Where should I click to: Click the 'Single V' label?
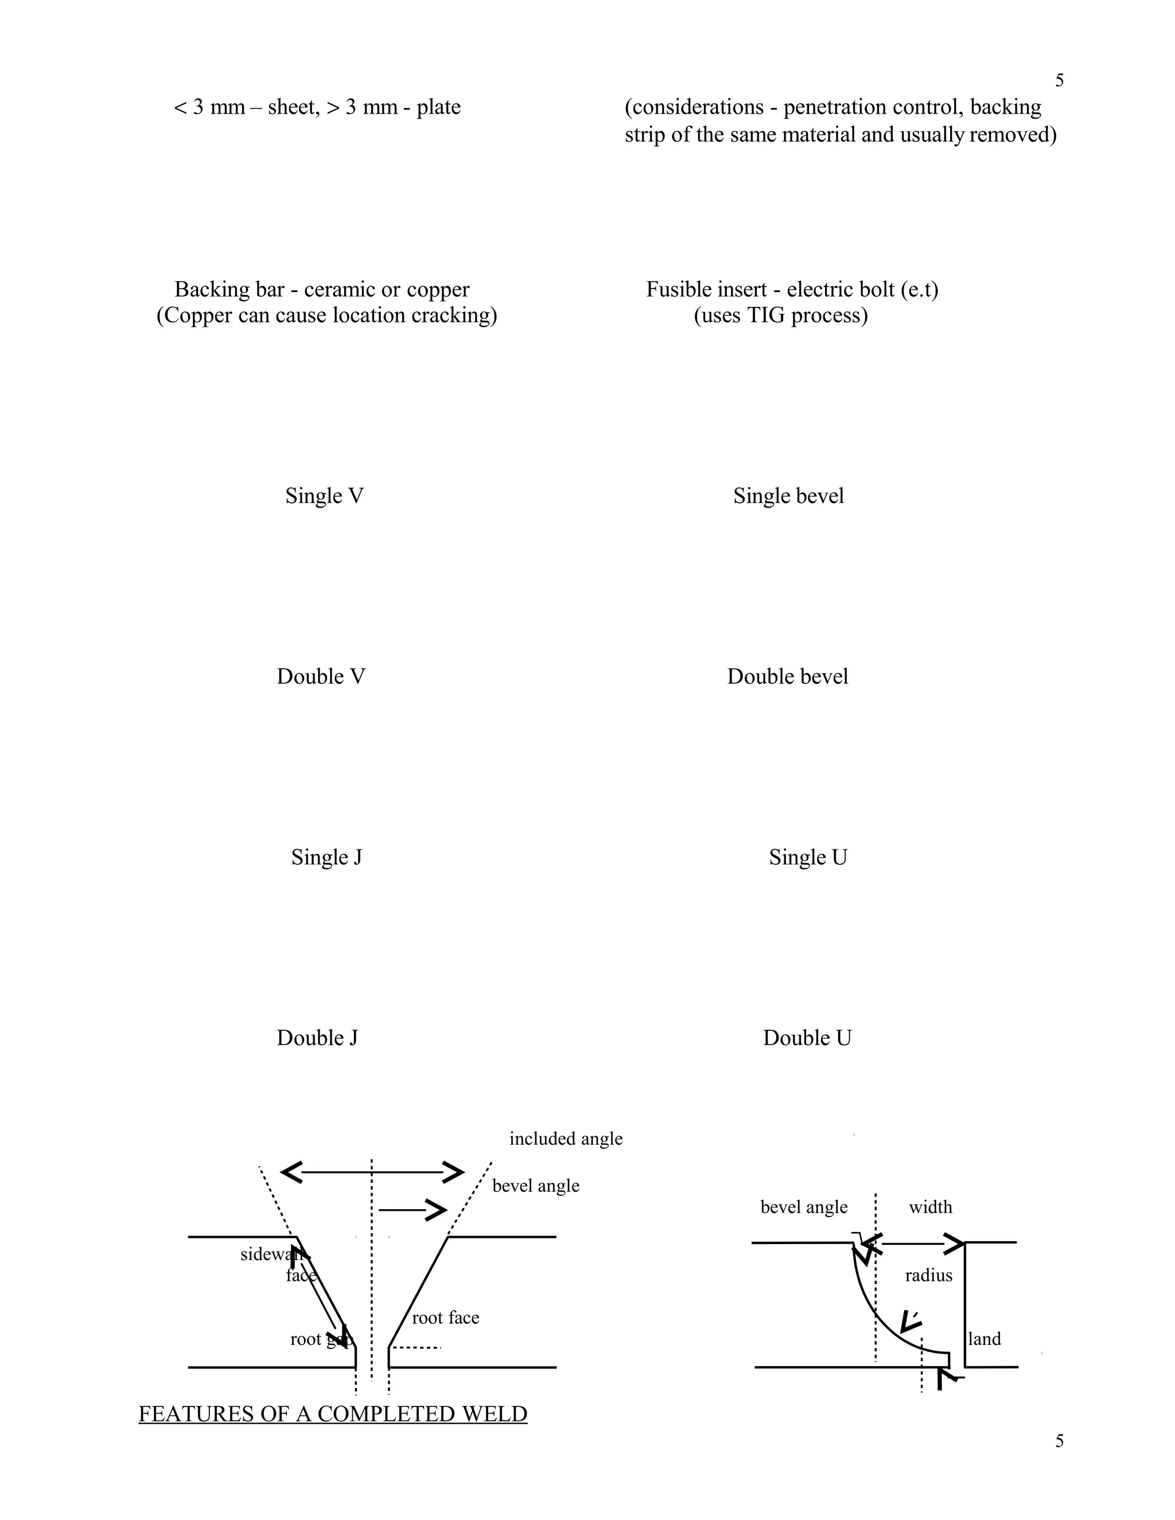(x=324, y=496)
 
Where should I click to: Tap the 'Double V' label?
(x=321, y=676)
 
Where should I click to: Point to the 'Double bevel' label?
(x=787, y=676)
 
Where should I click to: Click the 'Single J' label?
(x=326, y=858)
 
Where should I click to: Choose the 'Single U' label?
(x=807, y=858)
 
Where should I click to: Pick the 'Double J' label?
(x=317, y=1038)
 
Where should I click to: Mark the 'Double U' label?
(x=807, y=1038)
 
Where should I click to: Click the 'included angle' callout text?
(x=566, y=1139)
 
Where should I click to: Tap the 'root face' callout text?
(x=445, y=1318)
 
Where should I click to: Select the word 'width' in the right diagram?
(x=930, y=1207)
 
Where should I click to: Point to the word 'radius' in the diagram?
(x=929, y=1276)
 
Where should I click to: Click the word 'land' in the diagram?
(x=985, y=1339)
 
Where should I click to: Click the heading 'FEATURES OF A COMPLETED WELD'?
(x=333, y=1414)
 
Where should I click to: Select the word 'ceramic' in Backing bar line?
(x=339, y=290)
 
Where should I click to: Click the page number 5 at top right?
(x=1059, y=81)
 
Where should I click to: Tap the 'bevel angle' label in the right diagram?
(x=804, y=1207)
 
